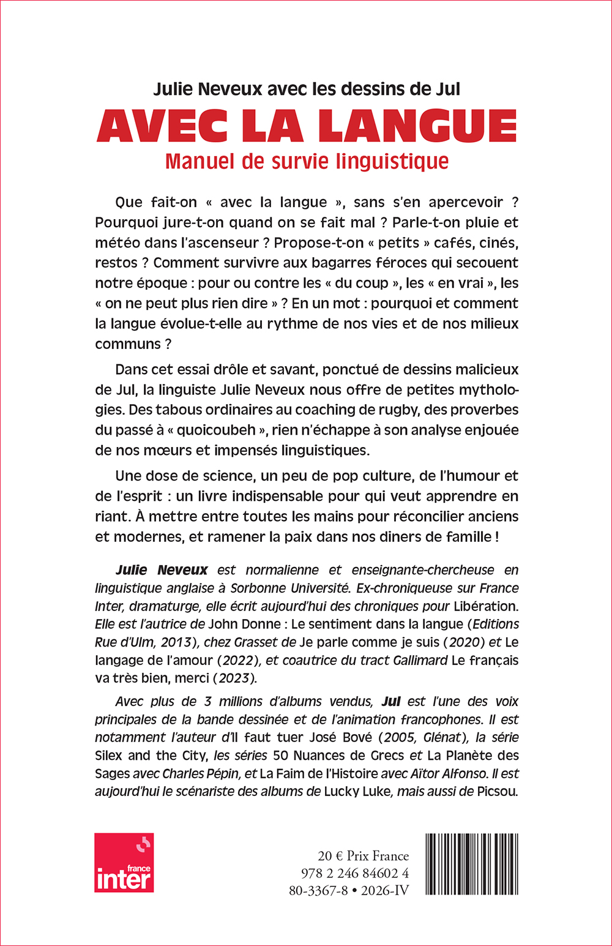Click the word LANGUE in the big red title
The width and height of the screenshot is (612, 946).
point(417,126)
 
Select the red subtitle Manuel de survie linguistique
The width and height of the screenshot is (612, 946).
point(307,161)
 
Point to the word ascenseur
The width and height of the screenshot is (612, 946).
point(222,242)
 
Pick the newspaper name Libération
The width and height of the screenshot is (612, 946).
point(485,606)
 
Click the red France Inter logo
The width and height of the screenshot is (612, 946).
point(124,862)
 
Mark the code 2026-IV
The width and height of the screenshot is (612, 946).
point(384,890)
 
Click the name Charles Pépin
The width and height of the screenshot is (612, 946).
point(204,773)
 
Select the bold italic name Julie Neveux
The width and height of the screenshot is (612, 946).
point(162,570)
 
